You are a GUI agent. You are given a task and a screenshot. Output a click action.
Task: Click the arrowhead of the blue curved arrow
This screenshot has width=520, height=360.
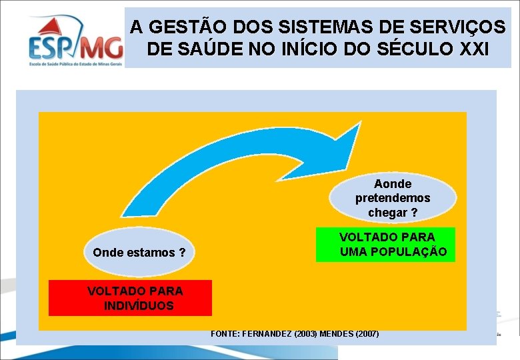point(350,148)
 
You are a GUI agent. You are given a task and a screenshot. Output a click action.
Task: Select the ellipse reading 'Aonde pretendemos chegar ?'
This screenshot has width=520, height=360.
point(393,198)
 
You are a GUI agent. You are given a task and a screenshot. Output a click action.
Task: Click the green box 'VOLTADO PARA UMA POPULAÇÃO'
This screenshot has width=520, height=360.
point(385,245)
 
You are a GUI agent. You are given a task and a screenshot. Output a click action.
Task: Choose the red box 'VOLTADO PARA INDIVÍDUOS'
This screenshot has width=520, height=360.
point(130,298)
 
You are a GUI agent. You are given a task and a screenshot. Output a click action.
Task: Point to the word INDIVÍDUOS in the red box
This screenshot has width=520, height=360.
point(139,306)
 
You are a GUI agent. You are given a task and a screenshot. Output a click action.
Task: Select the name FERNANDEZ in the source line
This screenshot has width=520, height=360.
point(268,333)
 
